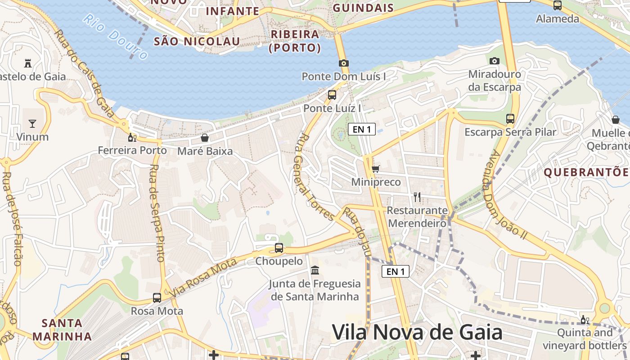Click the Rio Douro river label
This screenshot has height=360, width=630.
click(116, 37)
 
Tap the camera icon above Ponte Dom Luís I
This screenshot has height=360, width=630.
click(344, 63)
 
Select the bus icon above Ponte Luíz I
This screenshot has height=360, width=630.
click(332, 95)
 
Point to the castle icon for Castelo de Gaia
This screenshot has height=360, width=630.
click(28, 63)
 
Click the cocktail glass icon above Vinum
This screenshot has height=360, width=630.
click(32, 123)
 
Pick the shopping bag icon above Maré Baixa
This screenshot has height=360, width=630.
click(205, 138)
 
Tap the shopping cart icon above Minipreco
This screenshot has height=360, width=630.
click(376, 169)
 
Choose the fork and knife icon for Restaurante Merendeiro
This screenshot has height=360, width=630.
click(417, 197)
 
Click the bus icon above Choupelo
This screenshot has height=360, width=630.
click(279, 248)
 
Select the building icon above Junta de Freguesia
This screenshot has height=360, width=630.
click(315, 270)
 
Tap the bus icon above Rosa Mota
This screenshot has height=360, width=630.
click(157, 298)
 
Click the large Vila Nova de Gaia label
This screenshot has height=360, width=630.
click(417, 333)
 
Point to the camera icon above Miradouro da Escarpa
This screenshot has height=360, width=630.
click(495, 61)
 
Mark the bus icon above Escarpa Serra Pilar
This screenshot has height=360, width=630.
click(510, 119)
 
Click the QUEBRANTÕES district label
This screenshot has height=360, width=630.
click(586, 172)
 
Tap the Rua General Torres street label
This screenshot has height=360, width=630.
click(315, 176)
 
